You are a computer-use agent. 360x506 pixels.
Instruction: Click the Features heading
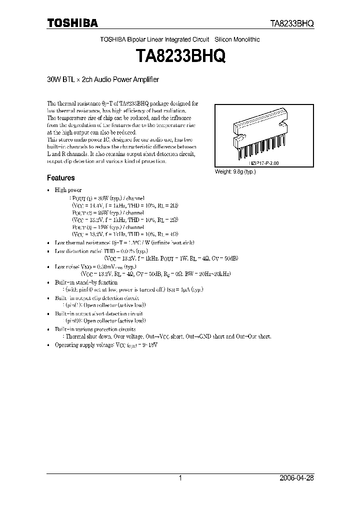[x=60, y=177]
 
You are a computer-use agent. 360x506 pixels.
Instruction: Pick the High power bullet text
[x=68, y=190]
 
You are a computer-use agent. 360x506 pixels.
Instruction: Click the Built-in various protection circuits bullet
[x=95, y=329]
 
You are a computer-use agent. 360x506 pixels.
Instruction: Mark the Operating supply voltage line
[x=106, y=345]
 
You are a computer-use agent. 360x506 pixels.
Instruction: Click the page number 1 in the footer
[x=180, y=478]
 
